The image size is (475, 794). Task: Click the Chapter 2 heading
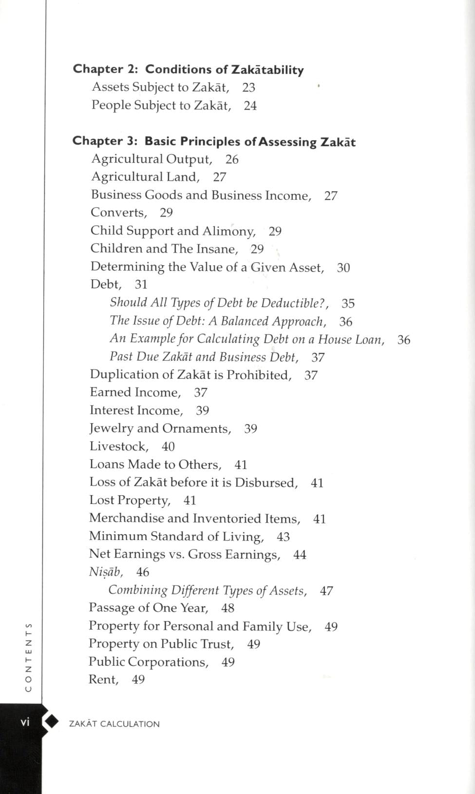click(x=188, y=70)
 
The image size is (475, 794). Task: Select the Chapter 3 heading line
click(x=214, y=142)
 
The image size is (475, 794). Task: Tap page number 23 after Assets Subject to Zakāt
click(x=248, y=88)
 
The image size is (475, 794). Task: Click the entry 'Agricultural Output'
click(x=152, y=159)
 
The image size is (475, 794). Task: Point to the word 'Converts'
click(x=118, y=213)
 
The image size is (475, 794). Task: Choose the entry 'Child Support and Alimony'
click(x=173, y=231)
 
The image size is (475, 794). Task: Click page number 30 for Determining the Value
click(x=343, y=268)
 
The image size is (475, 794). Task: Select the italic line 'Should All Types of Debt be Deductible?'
click(x=219, y=303)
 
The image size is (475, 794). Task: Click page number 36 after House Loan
click(x=404, y=340)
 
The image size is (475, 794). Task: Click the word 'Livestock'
click(x=119, y=446)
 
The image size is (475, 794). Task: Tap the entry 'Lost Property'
click(x=130, y=501)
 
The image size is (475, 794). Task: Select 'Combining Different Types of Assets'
click(x=208, y=591)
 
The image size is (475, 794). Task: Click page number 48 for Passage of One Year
click(x=228, y=608)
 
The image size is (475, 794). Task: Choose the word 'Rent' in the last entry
click(x=103, y=680)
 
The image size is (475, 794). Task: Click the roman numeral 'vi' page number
click(x=25, y=722)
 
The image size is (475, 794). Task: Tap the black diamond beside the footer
click(x=51, y=722)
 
